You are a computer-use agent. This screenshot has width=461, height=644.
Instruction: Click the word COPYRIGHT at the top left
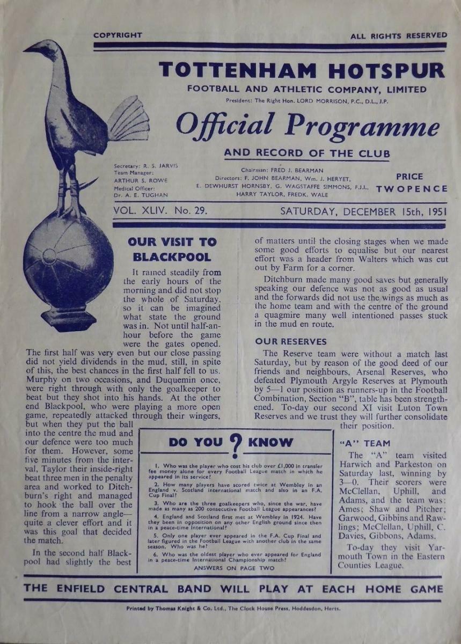pyautogui.click(x=118, y=35)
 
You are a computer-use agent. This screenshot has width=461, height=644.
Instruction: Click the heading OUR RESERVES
pyautogui.click(x=291, y=341)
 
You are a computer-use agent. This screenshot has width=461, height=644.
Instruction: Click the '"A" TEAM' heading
pyautogui.click(x=365, y=443)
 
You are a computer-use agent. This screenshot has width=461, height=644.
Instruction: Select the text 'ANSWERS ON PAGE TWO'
pyautogui.click(x=234, y=568)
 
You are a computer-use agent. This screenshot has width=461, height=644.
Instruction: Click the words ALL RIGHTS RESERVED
pyautogui.click(x=398, y=36)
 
